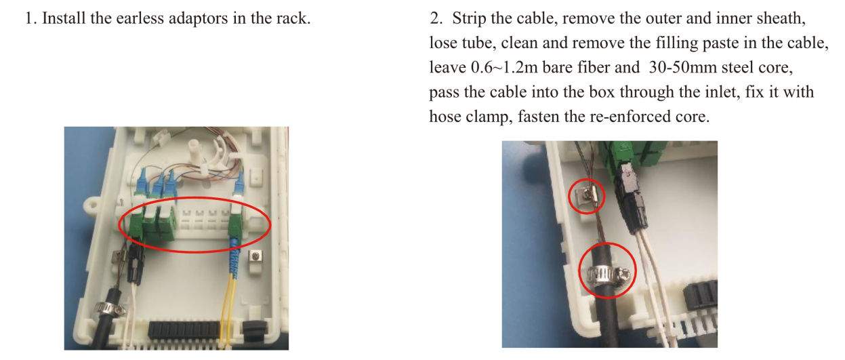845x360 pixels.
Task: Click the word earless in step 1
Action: (x=140, y=18)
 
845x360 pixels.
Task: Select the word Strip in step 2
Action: (x=469, y=19)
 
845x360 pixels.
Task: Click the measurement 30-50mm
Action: (x=682, y=68)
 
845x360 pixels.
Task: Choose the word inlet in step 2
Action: (x=722, y=92)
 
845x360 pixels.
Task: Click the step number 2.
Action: (x=436, y=19)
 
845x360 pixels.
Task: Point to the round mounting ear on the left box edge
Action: (x=92, y=206)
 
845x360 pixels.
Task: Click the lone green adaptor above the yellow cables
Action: (x=236, y=226)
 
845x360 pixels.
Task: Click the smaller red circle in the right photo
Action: (x=587, y=196)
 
